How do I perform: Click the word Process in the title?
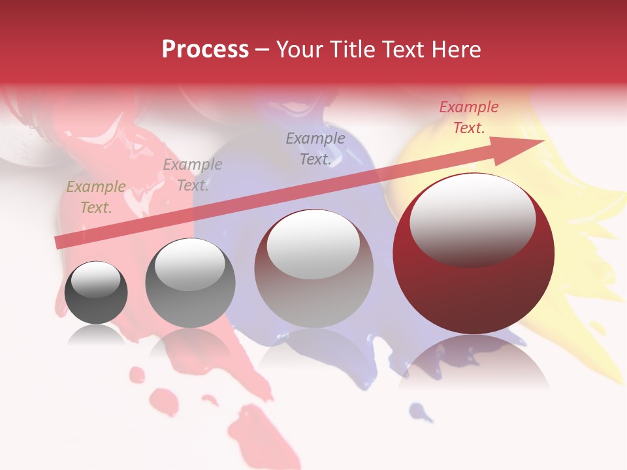coord(205,50)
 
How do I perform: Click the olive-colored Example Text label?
coord(96,197)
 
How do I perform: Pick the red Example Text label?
coord(468,117)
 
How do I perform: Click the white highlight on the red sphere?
coord(472,219)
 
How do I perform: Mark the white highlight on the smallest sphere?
coord(95,279)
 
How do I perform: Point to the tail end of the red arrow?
coord(59,243)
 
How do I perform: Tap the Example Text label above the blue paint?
coord(315,149)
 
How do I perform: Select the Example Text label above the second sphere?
coord(193,175)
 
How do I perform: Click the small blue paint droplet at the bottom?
coord(419,411)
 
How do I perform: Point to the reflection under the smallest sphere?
coord(96,334)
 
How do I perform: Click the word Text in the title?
coord(400,50)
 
